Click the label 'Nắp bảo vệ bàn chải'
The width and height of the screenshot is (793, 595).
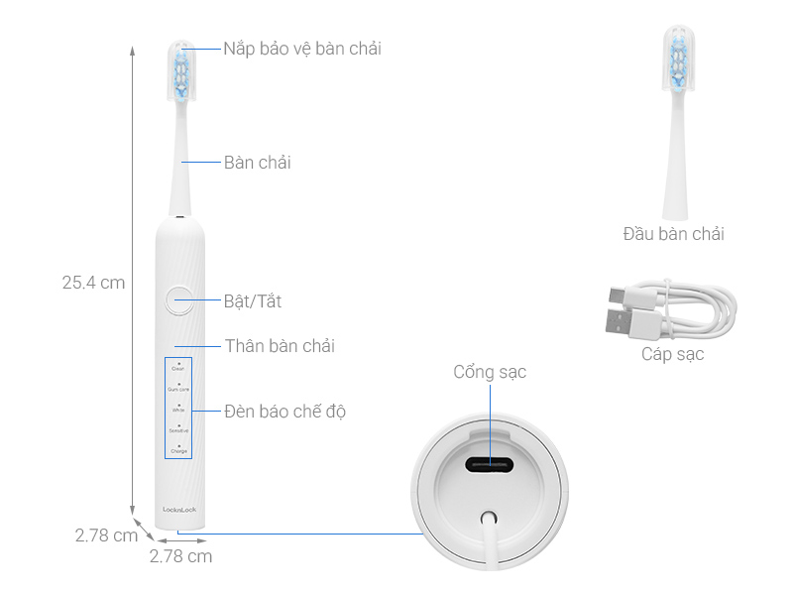pyautogui.click(x=301, y=49)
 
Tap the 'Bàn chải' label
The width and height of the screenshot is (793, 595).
pyautogui.click(x=257, y=163)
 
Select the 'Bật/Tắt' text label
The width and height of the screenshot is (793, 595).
pyautogui.click(x=253, y=300)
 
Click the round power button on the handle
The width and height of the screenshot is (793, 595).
pyautogui.click(x=180, y=299)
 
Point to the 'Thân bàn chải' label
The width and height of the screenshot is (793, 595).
pyautogui.click(x=279, y=346)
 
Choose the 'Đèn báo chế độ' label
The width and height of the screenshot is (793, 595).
pyautogui.click(x=284, y=411)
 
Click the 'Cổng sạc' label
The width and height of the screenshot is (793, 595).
pyautogui.click(x=490, y=372)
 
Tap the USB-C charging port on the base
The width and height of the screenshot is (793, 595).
pyautogui.click(x=489, y=466)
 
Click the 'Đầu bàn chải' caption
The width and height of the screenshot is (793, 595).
pyautogui.click(x=673, y=234)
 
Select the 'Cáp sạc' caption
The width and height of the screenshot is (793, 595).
pyautogui.click(x=672, y=354)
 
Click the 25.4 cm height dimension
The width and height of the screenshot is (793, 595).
pyautogui.click(x=93, y=282)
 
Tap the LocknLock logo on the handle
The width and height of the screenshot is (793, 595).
pyautogui.click(x=178, y=510)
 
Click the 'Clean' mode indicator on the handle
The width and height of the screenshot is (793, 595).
pyautogui.click(x=178, y=369)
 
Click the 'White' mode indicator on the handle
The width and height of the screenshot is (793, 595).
pyautogui.click(x=178, y=410)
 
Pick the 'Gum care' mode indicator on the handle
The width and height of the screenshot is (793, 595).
pyautogui.click(x=178, y=390)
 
